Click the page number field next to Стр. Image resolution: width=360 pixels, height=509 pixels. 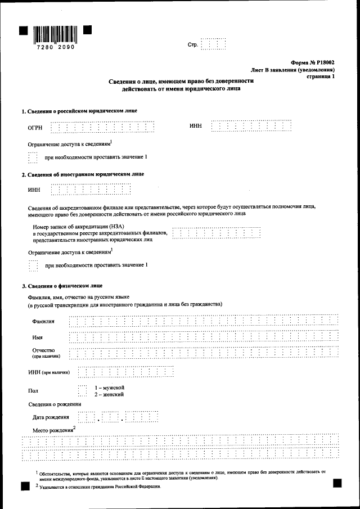(x=213, y=44)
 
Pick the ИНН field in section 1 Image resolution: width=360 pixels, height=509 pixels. (x=251, y=126)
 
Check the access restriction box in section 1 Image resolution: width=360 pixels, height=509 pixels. (x=33, y=157)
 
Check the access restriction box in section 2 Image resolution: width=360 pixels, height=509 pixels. (x=33, y=265)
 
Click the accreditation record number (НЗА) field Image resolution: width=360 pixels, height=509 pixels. (x=217, y=232)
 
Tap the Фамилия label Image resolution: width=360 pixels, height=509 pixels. (x=44, y=321)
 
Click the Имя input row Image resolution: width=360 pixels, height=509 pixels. (x=202, y=337)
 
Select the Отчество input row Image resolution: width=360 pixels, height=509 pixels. (x=202, y=353)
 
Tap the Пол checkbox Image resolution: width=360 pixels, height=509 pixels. (x=83, y=391)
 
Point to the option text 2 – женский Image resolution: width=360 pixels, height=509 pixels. (x=109, y=395)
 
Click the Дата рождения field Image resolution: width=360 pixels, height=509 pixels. (x=118, y=417)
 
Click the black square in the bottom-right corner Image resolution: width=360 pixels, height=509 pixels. (x=337, y=483)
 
